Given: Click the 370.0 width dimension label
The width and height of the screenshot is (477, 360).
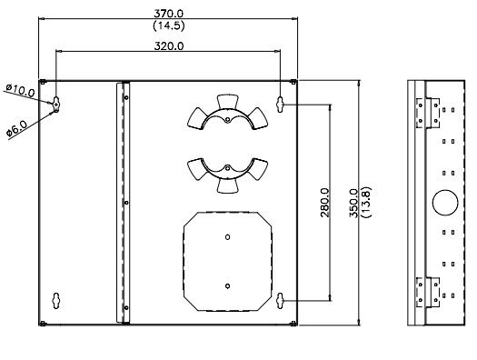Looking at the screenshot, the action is (169, 14).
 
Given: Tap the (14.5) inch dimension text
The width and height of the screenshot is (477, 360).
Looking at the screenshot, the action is (169, 25).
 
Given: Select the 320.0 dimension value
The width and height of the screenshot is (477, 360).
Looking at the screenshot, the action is (169, 46).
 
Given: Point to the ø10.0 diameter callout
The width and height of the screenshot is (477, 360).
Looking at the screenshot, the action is (20, 90).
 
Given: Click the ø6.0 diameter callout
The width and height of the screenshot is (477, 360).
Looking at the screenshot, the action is (17, 128).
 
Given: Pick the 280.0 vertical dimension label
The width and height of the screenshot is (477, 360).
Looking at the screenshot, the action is (325, 203).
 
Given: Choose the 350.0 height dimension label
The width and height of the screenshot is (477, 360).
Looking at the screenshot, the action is (353, 203).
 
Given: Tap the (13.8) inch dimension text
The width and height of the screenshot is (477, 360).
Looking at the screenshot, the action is (366, 202).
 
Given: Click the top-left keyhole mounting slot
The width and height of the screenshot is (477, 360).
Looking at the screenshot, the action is (56, 104).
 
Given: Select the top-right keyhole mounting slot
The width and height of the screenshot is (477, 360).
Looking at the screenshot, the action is (280, 105).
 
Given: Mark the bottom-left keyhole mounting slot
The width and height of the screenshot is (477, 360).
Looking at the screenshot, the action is (56, 301).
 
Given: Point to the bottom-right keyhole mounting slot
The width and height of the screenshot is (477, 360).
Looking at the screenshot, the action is (280, 301).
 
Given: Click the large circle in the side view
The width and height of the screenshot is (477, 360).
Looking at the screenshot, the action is (445, 203).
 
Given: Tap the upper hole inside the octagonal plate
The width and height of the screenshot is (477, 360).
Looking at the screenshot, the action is (227, 236).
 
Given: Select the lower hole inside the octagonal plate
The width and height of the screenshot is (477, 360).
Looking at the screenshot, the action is (227, 285).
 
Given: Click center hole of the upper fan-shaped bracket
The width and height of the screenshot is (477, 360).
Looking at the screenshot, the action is (227, 120).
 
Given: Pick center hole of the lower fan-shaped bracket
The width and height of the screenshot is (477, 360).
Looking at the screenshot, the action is (227, 167).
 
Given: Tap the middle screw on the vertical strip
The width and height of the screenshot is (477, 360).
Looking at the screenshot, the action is (126, 203).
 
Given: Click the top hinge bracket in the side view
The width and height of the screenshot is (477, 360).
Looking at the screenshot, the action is (428, 113).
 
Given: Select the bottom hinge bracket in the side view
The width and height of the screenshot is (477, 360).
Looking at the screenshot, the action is (428, 292).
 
